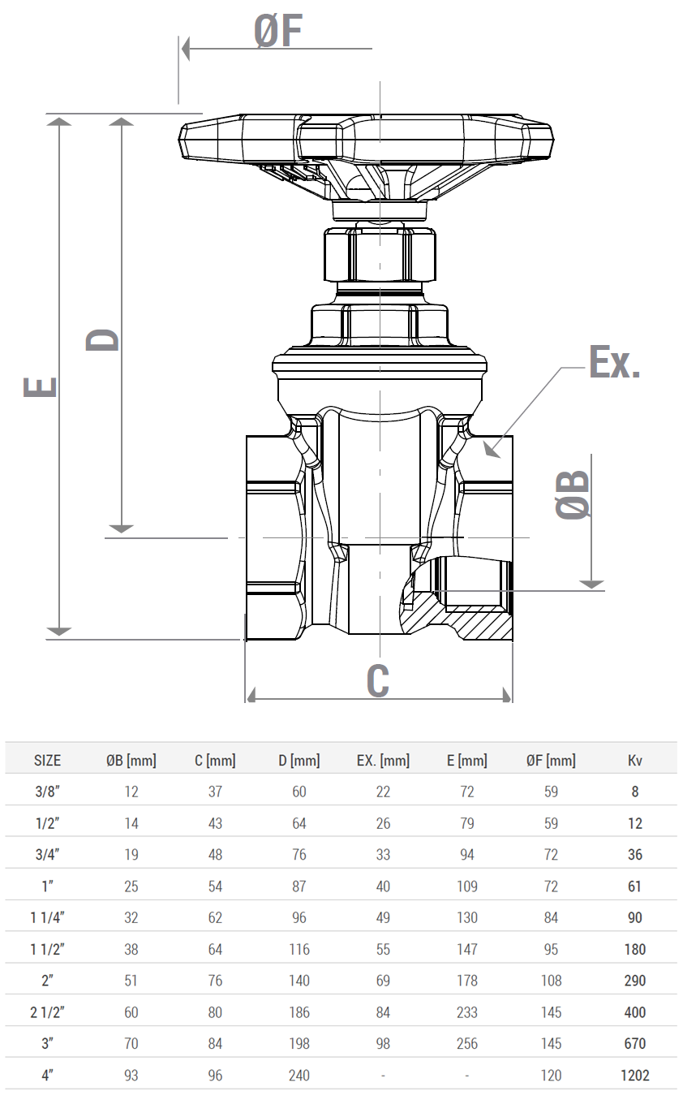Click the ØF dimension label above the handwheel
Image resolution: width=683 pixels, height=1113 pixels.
tap(278, 31)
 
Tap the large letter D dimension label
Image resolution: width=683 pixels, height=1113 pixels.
tap(103, 340)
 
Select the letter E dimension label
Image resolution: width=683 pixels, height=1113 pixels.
tap(41, 387)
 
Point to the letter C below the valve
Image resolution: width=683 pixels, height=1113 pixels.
tap(378, 680)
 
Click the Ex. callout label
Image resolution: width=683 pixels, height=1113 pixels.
tap(615, 362)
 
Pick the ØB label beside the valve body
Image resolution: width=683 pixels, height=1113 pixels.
tap(573, 495)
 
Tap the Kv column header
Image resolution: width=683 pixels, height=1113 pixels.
tap(635, 760)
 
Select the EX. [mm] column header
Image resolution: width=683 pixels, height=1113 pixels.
tap(383, 760)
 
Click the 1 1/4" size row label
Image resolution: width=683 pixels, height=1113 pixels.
tap(48, 917)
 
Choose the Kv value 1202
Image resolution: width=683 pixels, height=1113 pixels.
tap(635, 1075)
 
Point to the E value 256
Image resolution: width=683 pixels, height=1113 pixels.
tap(467, 1043)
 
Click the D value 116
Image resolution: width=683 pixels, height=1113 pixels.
tap(299, 949)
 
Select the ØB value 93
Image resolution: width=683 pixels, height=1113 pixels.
tap(131, 1075)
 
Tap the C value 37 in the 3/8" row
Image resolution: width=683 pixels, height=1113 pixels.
tap(216, 792)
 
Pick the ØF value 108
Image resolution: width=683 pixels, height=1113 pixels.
tap(551, 981)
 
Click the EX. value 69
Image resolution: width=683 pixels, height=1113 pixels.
tap(383, 981)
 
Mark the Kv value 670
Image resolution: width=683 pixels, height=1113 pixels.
tap(635, 1043)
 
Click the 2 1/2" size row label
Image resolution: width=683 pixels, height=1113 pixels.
tap(48, 1012)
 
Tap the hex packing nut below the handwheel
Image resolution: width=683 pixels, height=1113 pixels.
tap(380, 254)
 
